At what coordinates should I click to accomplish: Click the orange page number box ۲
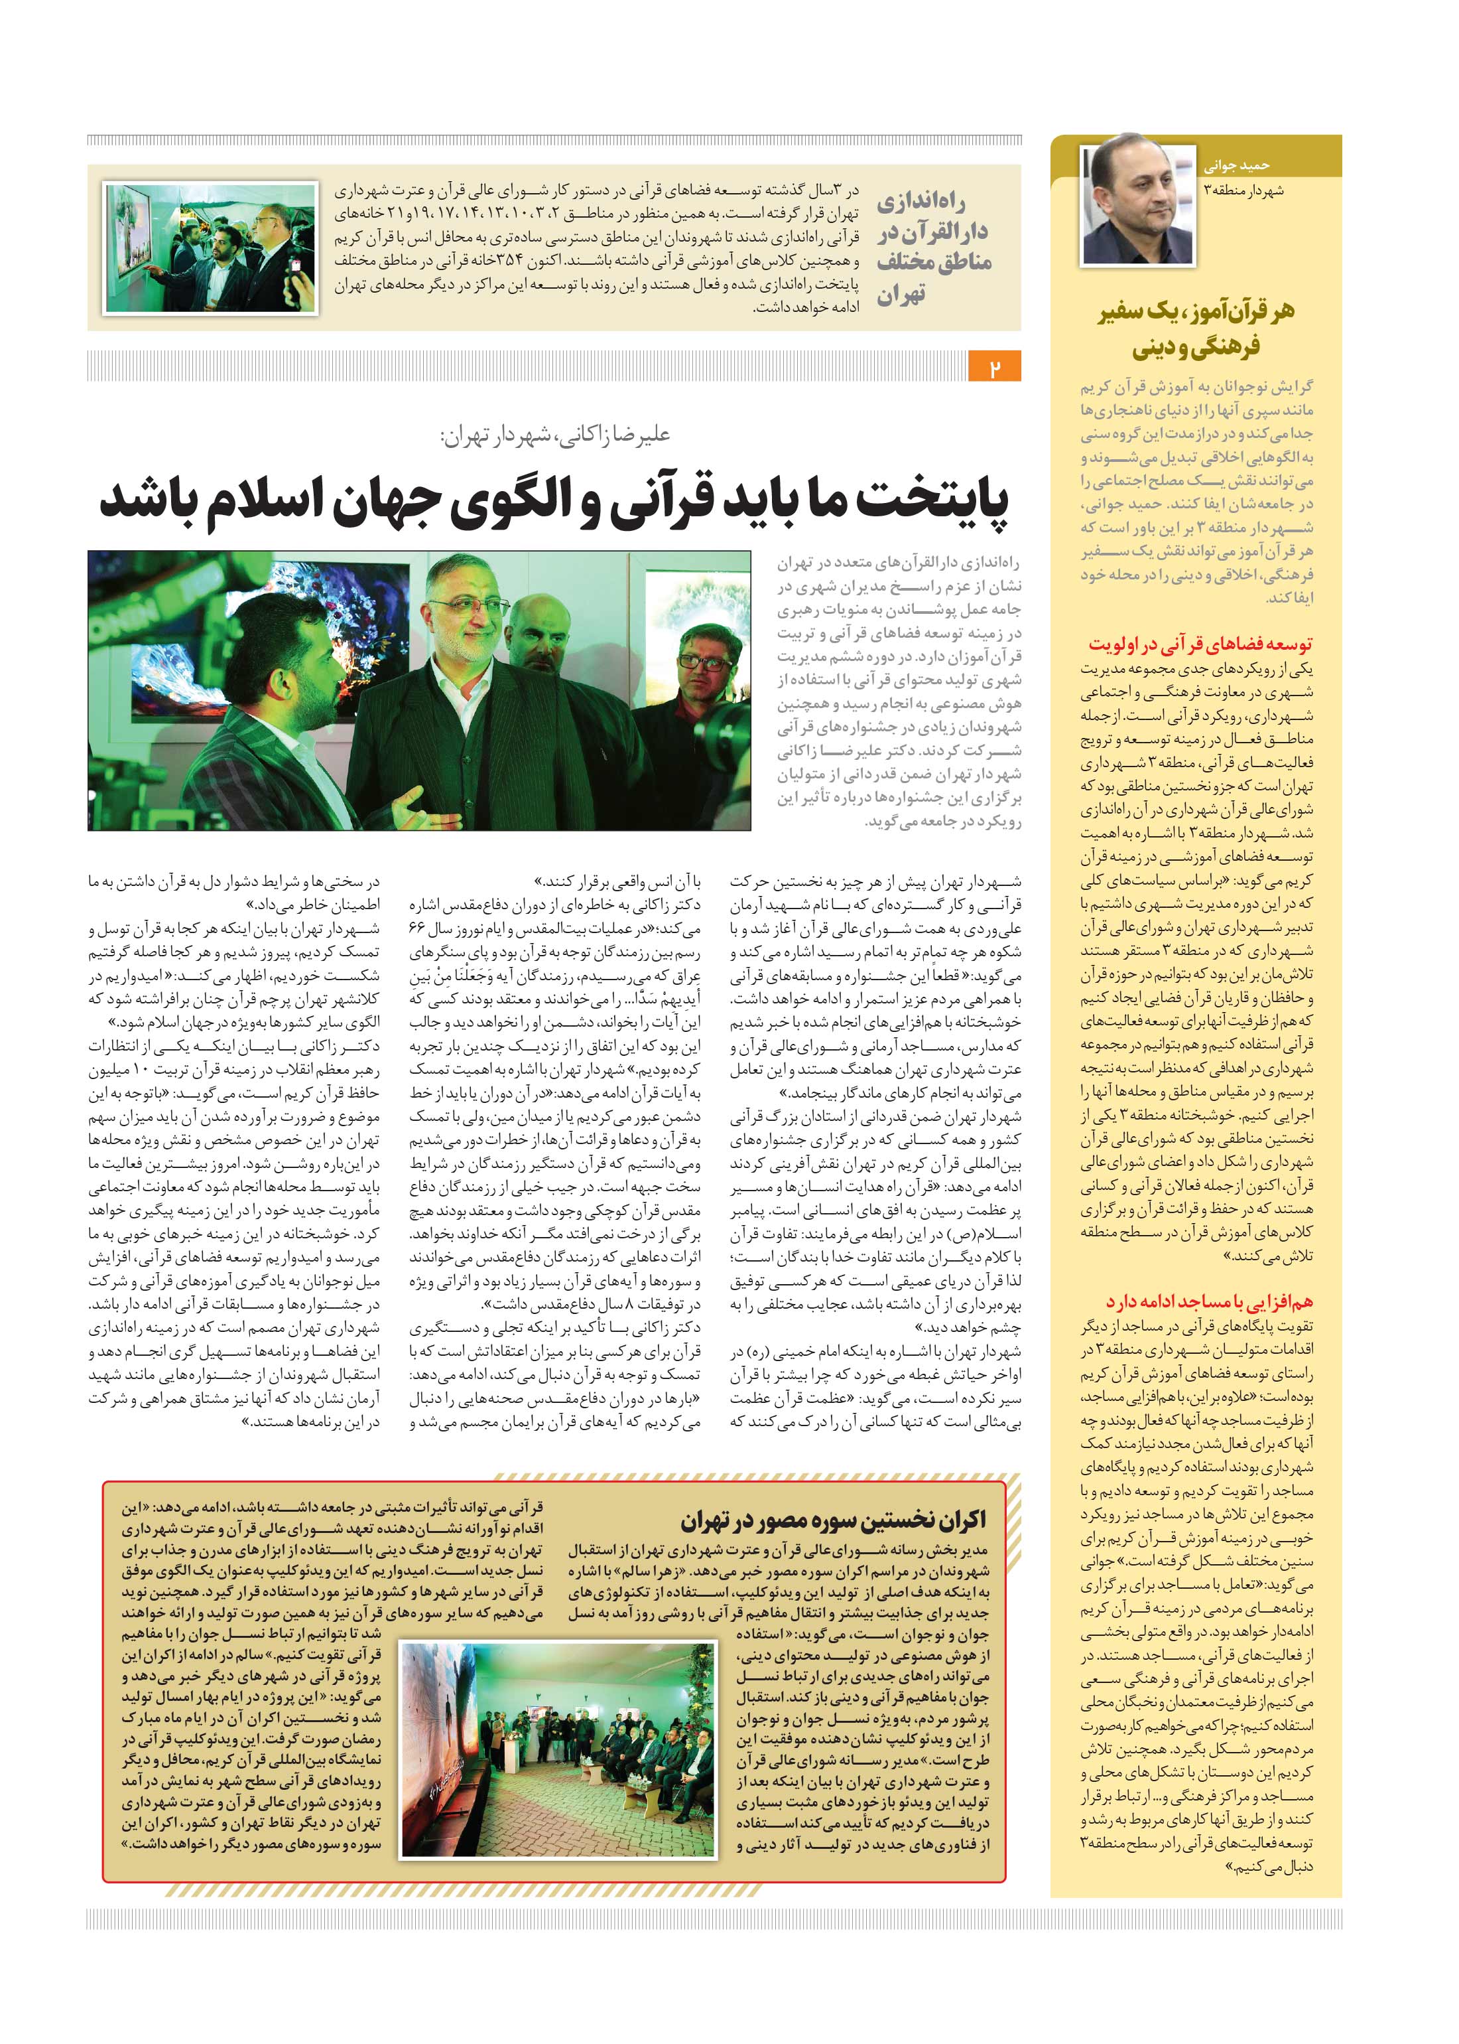(x=995, y=368)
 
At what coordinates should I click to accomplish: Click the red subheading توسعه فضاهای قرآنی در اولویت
(x=1200, y=644)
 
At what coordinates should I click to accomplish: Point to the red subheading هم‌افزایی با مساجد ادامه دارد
(x=1209, y=1301)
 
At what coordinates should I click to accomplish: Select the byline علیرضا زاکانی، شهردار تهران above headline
(x=554, y=435)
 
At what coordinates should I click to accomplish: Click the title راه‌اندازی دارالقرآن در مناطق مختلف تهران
(x=934, y=247)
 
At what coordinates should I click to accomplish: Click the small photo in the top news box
(x=210, y=248)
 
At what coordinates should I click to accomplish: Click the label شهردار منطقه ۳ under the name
(x=1243, y=190)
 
